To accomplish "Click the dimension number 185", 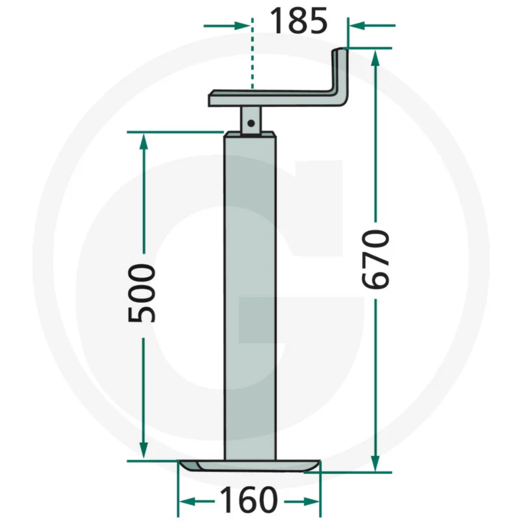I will [x=299, y=22].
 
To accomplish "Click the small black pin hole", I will [x=251, y=123].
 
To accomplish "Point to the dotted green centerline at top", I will [x=252, y=54].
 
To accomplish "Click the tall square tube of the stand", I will [x=251, y=299].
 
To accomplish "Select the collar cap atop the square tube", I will [x=251, y=134].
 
